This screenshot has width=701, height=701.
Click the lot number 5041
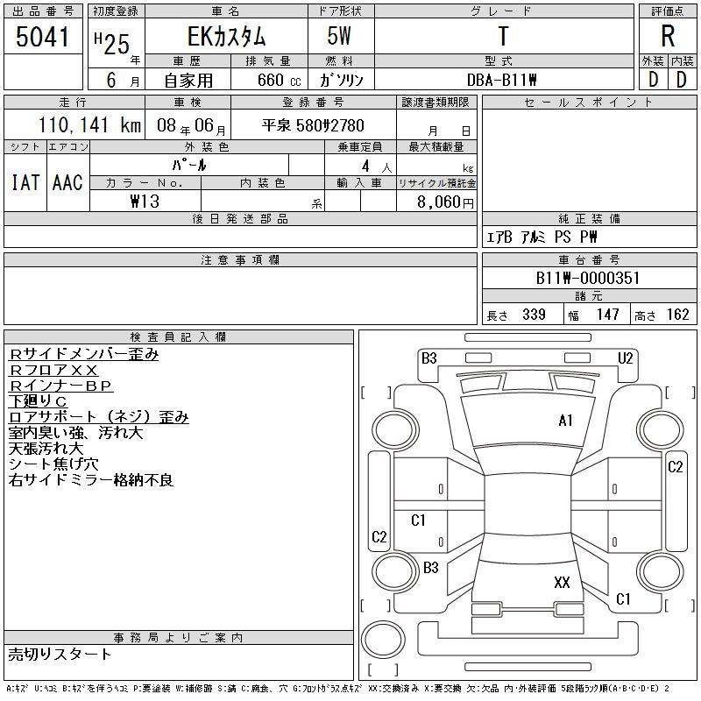[43, 39]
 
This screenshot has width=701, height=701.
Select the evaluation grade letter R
[668, 38]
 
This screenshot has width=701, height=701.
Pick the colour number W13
[145, 202]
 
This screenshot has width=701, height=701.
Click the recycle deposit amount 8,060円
[445, 202]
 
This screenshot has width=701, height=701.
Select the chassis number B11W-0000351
[588, 278]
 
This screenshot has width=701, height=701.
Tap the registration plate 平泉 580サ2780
[313, 125]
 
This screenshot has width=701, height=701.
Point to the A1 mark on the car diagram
[565, 421]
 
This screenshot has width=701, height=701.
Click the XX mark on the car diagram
[562, 582]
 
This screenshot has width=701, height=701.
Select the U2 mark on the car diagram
[625, 358]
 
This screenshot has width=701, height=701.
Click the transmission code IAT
[25, 182]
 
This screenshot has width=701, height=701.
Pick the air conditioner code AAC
[67, 182]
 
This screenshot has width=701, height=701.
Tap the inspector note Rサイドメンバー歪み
[84, 355]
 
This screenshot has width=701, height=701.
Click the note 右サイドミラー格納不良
[91, 480]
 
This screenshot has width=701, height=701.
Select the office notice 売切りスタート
[60, 654]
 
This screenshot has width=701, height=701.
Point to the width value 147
[608, 315]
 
